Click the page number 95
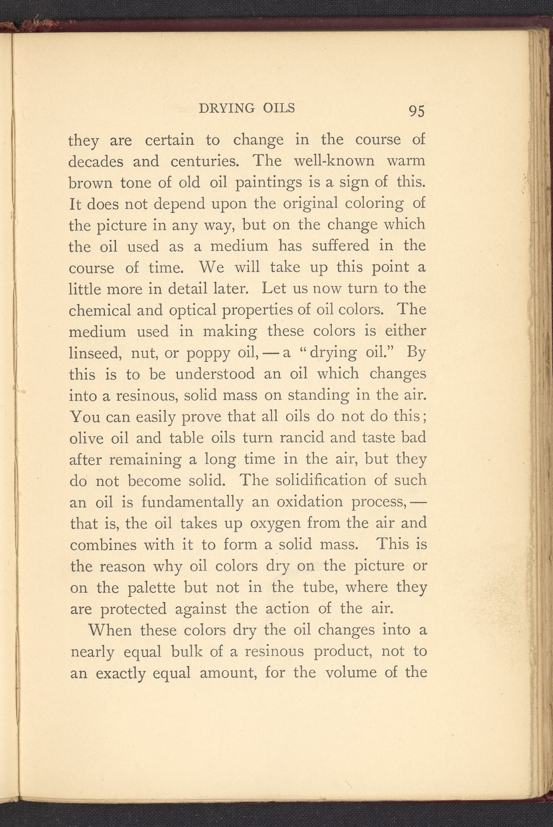[x=417, y=111]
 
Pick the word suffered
[x=340, y=246]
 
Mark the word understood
[x=215, y=374]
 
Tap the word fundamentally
[x=192, y=502]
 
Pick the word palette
[x=151, y=587]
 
